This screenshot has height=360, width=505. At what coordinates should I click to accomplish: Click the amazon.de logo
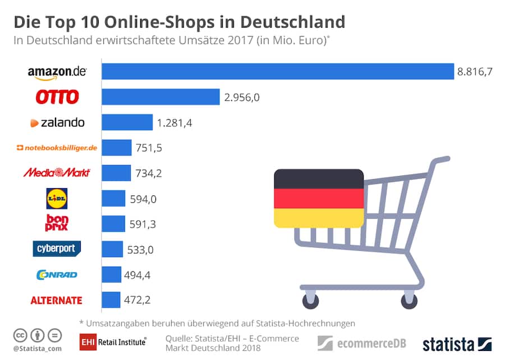pos(57,72)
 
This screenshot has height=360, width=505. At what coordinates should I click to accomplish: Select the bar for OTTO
pos(160,97)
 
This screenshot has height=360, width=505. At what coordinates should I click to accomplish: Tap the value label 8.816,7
pos(475,72)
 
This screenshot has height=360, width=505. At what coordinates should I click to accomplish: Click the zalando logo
pos(57,122)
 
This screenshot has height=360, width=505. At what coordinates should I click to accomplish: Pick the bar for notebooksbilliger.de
pos(116,148)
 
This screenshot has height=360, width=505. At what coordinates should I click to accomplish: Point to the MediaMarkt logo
pos(57,172)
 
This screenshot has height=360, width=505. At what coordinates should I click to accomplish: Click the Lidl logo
pos(57,198)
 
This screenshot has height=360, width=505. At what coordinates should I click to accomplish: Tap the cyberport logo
pos(57,248)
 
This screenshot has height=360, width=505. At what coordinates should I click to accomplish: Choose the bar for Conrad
pos(111,274)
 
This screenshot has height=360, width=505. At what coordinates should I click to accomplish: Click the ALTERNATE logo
pos(56,300)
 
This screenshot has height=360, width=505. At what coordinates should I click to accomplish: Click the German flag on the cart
pos(319,198)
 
